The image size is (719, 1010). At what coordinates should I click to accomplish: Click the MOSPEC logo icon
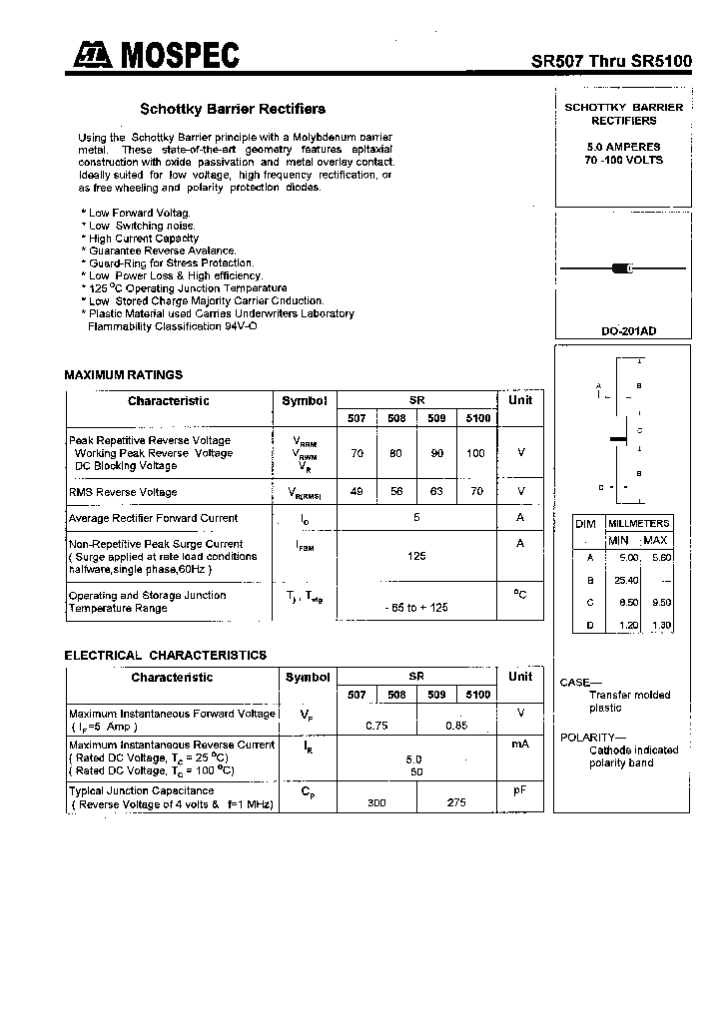(91, 57)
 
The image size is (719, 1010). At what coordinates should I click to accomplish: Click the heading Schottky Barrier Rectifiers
(232, 109)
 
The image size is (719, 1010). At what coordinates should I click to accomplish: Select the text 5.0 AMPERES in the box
(623, 147)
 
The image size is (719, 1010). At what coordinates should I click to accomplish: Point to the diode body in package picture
(622, 268)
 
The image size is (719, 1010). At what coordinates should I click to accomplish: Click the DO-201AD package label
(628, 331)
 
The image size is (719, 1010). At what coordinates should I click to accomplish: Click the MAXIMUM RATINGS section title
(123, 375)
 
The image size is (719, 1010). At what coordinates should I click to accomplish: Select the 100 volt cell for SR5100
(475, 453)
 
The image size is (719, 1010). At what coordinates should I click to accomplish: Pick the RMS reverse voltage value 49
(357, 492)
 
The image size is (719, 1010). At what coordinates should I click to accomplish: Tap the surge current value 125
(416, 556)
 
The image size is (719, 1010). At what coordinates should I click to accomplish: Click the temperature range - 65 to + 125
(416, 608)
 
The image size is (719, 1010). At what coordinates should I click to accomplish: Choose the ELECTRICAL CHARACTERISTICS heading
(165, 656)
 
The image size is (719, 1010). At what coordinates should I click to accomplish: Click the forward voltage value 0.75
(376, 726)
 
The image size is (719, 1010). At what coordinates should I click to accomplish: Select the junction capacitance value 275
(456, 802)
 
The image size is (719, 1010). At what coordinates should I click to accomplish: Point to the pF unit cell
(520, 790)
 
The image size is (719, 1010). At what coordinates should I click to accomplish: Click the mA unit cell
(520, 745)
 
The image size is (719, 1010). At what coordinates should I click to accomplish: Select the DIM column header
(586, 523)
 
